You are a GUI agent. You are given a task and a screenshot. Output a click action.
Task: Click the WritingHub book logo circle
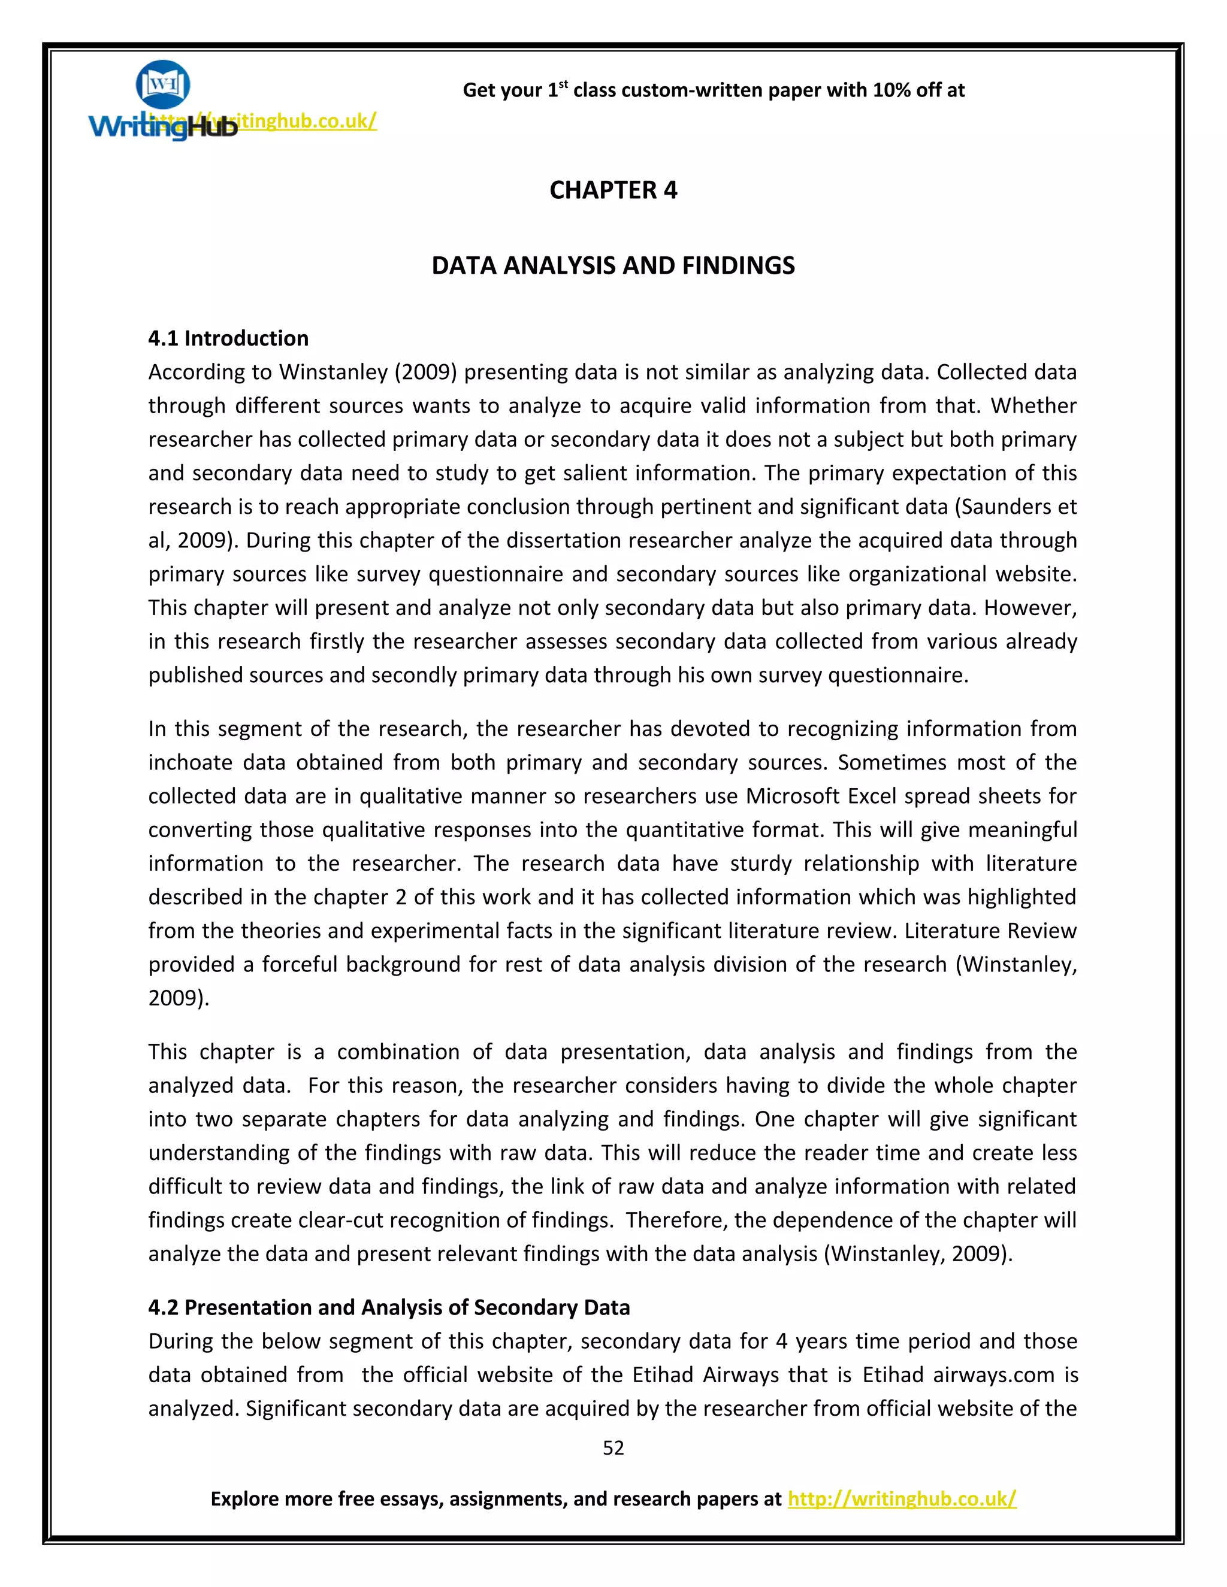pos(163,84)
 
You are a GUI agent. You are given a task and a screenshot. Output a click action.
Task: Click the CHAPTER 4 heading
pos(613,190)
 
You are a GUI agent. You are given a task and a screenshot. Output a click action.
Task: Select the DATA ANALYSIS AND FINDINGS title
pos(613,266)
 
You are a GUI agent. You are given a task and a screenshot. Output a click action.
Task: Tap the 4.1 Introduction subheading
pos(228,338)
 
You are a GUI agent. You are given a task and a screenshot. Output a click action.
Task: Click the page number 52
pos(613,1447)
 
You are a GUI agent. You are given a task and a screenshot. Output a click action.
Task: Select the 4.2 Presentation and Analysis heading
pos(389,1307)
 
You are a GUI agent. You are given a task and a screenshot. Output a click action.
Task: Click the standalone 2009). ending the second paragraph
pos(179,998)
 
